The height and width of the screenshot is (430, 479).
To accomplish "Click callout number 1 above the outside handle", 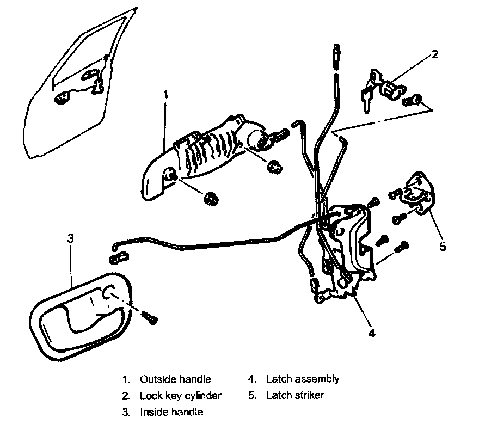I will [x=166, y=94].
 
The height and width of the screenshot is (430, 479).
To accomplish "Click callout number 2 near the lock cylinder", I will [x=434, y=54].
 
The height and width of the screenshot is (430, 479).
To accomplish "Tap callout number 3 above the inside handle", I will [x=70, y=238].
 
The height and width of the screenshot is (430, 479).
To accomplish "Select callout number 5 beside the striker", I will [x=443, y=246].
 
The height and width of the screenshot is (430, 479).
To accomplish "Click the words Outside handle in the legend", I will [x=175, y=379].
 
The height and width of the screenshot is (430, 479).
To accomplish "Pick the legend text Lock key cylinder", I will [x=181, y=395].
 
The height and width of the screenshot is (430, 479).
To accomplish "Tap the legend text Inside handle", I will [x=171, y=412].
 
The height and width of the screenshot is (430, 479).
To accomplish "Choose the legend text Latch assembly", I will [x=303, y=379].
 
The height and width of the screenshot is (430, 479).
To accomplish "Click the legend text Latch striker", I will [x=294, y=395].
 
